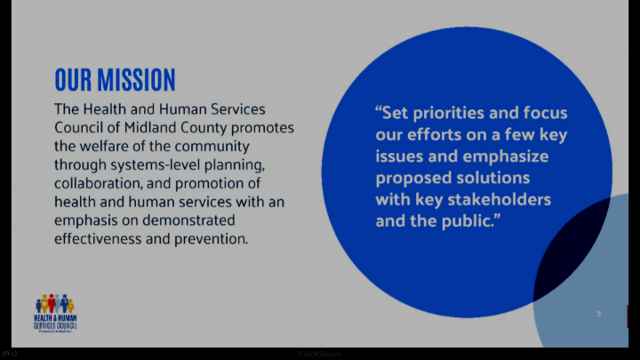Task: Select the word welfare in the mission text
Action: pyautogui.click(x=104, y=146)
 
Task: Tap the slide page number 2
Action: pyautogui.click(x=599, y=314)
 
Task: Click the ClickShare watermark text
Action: pyautogui.click(x=319, y=354)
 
